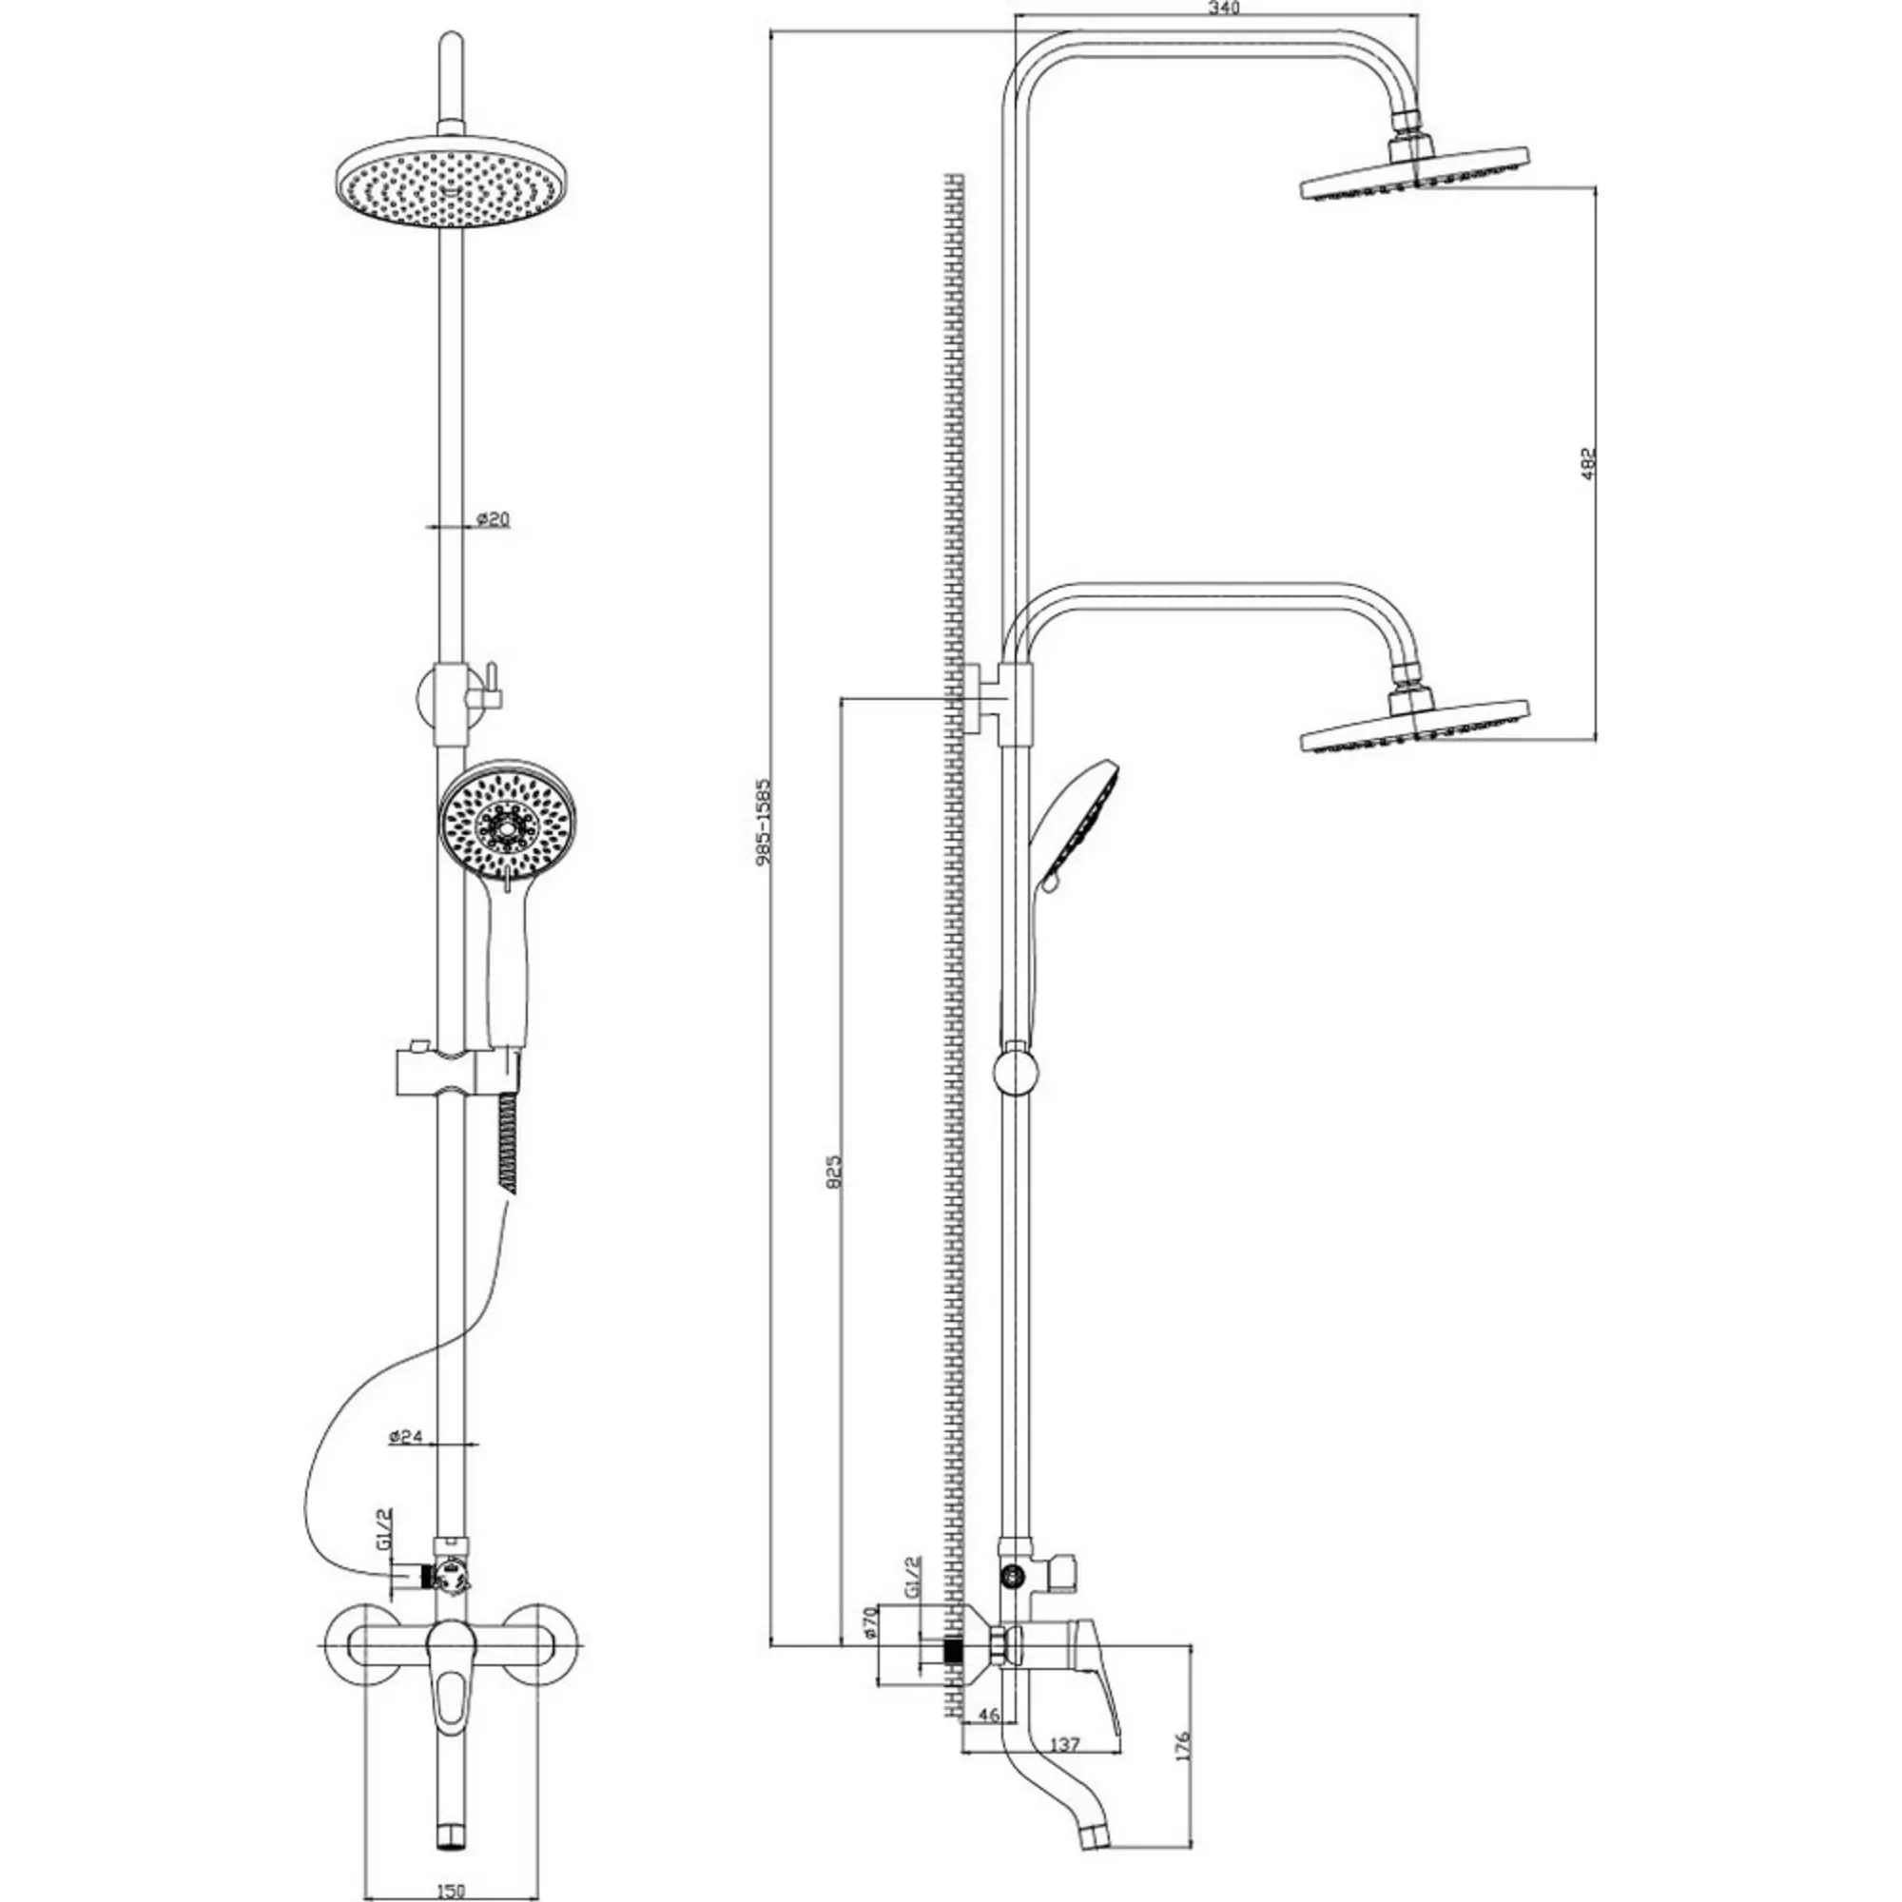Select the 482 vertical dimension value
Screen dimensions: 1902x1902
(1587, 464)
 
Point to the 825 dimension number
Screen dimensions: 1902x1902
(834, 1172)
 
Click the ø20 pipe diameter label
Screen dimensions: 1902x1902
(494, 519)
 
